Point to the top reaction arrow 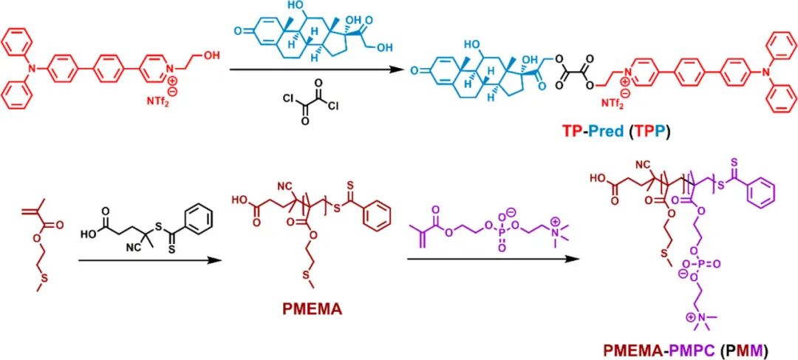pyautogui.click(x=318, y=69)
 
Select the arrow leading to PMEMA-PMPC pyautogui.click(x=491, y=259)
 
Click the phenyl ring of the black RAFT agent pyautogui.click(x=202, y=218)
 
